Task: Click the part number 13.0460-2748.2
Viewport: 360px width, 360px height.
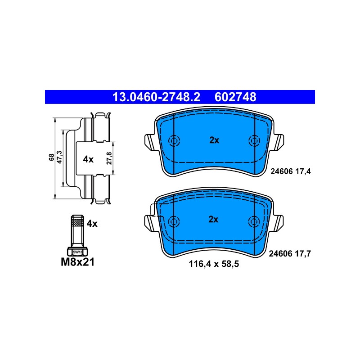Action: (x=156, y=97)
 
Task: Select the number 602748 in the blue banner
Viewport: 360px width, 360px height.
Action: (x=235, y=97)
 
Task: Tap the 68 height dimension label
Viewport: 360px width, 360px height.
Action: (x=51, y=157)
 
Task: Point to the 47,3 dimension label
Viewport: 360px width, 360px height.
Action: (x=59, y=157)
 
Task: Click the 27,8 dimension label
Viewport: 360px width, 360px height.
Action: (x=109, y=158)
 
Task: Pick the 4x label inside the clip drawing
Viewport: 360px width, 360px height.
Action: (x=88, y=159)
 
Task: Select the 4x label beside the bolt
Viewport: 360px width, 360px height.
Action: (x=92, y=223)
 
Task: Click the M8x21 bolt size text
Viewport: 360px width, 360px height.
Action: (x=77, y=262)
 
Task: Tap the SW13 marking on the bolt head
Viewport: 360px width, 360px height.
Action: (x=77, y=252)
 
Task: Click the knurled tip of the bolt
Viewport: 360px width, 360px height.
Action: (x=77, y=222)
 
